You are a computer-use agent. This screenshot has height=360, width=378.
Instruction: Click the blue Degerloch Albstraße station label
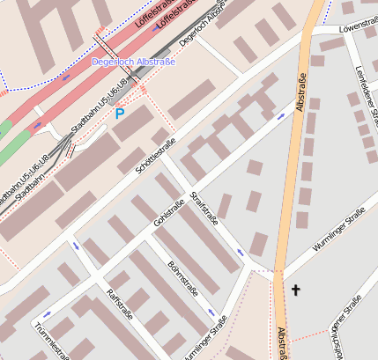(134, 62)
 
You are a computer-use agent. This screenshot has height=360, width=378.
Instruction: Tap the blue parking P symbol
(120, 114)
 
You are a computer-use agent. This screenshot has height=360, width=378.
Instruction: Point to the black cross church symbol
(296, 289)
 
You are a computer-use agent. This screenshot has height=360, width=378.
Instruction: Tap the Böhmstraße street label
(182, 278)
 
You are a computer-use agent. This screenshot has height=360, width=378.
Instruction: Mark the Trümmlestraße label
(52, 342)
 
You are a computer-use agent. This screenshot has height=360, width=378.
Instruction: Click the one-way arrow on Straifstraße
(240, 253)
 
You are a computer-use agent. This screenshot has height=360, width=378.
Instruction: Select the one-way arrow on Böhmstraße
(210, 312)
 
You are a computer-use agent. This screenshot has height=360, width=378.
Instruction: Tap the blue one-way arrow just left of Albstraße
(281, 115)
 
